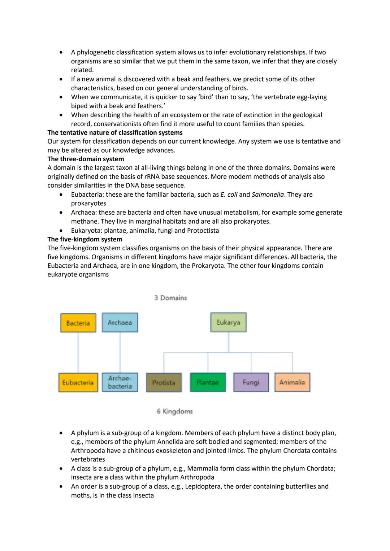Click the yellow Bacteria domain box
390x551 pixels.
78,323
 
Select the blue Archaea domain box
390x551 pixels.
120,323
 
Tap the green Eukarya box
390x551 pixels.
228,323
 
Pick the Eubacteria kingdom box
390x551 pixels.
78,382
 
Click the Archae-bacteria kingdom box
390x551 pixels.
120,382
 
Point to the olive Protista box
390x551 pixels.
164,382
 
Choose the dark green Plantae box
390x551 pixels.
208,382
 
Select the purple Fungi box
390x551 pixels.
251,382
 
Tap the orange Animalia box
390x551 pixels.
292,382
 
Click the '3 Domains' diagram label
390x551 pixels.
170,298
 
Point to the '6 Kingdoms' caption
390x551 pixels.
175,411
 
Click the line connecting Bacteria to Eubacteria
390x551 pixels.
78,353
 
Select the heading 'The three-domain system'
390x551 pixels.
86,159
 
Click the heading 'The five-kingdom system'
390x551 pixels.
85,239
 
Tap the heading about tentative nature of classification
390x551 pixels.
115,132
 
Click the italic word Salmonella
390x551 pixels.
268,194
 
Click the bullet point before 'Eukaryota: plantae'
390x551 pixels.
61,231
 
